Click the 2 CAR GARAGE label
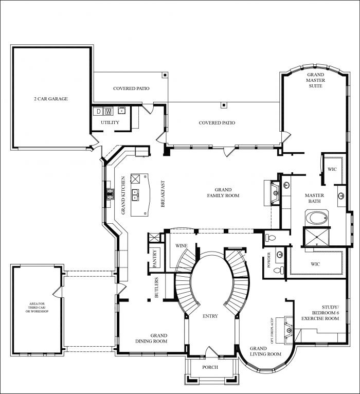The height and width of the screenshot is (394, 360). click(x=51, y=99)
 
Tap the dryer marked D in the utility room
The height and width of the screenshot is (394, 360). click(x=98, y=111)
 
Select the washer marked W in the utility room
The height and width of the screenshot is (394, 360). click(x=109, y=111)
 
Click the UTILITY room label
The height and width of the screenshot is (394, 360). click(x=110, y=122)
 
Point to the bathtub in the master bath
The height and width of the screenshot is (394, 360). click(x=317, y=218)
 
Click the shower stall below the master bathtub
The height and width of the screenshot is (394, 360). click(x=316, y=237)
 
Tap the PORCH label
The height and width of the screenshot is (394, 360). click(x=210, y=367)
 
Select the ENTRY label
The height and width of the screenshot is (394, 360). click(x=210, y=316)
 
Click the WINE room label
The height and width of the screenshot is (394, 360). click(x=182, y=246)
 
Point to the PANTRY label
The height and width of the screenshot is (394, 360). click(x=155, y=258)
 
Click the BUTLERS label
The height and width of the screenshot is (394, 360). click(x=156, y=288)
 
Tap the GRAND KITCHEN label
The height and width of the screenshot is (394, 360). click(x=123, y=195)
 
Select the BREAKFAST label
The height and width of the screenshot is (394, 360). click(x=163, y=194)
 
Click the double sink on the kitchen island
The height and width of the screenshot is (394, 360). click(x=135, y=195)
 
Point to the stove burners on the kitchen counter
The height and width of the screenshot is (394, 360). click(x=110, y=194)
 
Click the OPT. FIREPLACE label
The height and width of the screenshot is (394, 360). click(x=272, y=328)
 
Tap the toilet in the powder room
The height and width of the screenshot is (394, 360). click(x=279, y=271)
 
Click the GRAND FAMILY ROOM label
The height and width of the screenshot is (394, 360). click(x=223, y=193)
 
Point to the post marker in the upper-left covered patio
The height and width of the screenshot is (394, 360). click(x=165, y=75)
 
